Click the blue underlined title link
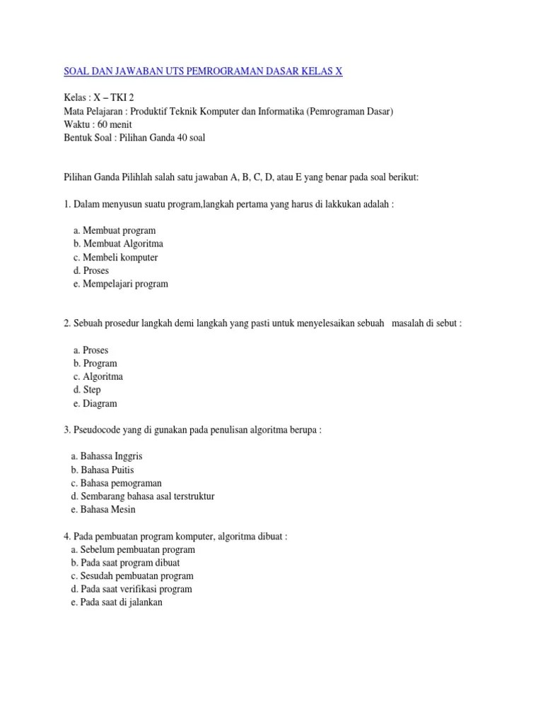click(x=203, y=72)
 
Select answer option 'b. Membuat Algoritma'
click(x=118, y=244)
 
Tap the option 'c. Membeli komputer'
click(x=115, y=258)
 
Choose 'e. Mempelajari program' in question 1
click(x=120, y=285)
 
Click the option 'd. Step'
click(x=87, y=390)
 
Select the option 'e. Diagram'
click(x=95, y=404)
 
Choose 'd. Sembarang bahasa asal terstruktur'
click(x=143, y=496)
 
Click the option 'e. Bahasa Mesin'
click(x=103, y=510)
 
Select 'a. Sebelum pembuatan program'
click(x=133, y=549)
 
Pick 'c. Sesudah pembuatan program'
click(x=132, y=576)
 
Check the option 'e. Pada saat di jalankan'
click(x=117, y=603)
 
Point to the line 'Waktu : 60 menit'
click(x=98, y=125)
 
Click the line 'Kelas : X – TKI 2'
click(x=98, y=98)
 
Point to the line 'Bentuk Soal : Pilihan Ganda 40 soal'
click(x=134, y=138)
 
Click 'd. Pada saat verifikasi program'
click(x=132, y=590)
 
